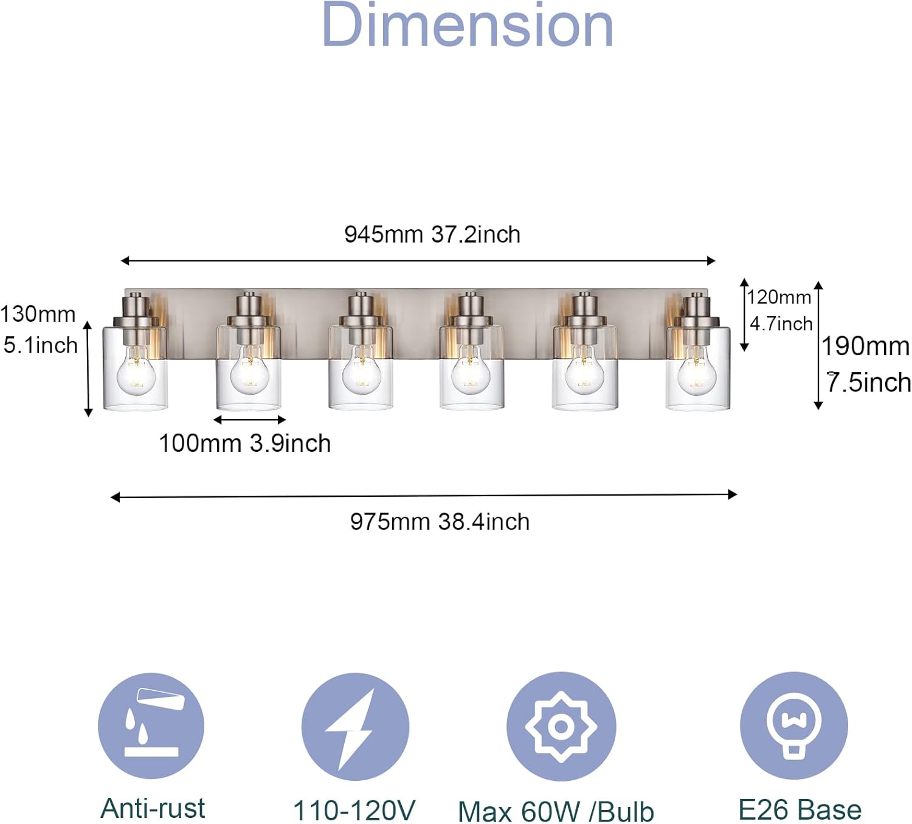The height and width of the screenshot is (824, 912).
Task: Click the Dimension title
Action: (468, 24)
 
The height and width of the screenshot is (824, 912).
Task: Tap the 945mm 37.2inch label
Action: (432, 235)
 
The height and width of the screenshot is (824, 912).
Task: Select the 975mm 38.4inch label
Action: (440, 522)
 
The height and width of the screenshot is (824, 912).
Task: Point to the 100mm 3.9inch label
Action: (244, 443)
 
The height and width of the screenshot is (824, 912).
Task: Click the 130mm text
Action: (38, 314)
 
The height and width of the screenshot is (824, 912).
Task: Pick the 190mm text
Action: (866, 347)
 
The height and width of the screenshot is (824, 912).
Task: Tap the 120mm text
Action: (779, 297)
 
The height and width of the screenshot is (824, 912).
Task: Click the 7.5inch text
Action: (869, 382)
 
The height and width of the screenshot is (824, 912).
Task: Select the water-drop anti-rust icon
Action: (151, 726)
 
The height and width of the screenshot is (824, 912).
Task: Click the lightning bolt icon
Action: (355, 727)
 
